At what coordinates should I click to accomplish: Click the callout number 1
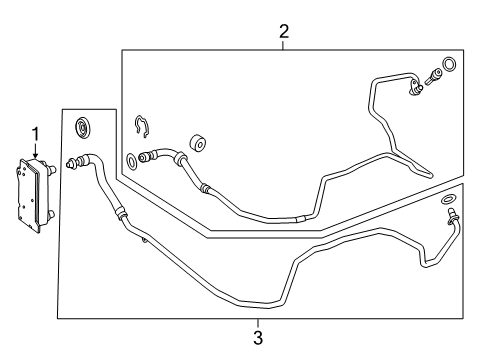[35, 135]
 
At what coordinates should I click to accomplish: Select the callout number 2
[284, 32]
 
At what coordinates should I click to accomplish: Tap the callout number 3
[258, 337]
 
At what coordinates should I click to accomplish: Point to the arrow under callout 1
[35, 151]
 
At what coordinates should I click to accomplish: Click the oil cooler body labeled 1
[31, 194]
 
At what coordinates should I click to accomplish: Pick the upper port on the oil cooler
[51, 169]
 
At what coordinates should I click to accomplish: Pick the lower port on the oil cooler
[51, 214]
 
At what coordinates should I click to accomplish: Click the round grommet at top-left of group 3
[82, 127]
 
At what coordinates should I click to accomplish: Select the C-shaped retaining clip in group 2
[142, 127]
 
